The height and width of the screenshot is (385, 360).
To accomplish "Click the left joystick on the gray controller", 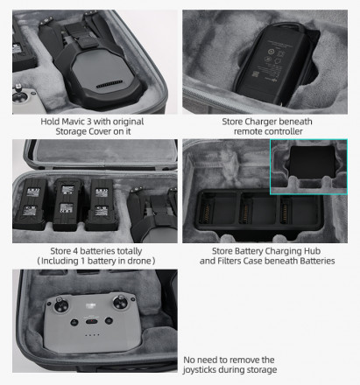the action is (x=61, y=305).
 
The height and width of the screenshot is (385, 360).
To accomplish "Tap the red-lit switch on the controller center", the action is (x=92, y=321).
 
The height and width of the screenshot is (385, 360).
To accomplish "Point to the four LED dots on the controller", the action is (x=92, y=335).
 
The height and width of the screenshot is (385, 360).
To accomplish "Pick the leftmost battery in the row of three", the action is (x=30, y=204).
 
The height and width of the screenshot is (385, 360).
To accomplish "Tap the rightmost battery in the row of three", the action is (x=102, y=204).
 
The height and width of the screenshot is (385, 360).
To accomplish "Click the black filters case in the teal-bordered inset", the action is (x=313, y=162).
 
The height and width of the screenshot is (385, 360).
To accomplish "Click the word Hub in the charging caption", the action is (x=314, y=251).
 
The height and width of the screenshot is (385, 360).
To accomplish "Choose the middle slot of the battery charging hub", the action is (x=258, y=210).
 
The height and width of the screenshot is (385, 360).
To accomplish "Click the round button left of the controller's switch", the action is (x=74, y=322).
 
